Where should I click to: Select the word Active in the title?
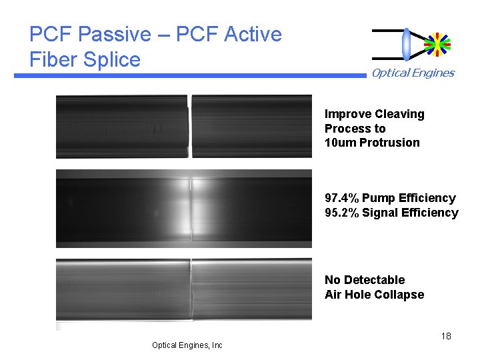[253, 34]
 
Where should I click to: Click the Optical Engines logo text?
[413, 73]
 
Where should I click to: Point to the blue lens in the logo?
[407, 43]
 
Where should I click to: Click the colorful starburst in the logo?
[437, 43]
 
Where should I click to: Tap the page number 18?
[446, 336]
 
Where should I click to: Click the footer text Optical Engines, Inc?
[187, 345]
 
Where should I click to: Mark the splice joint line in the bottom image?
[191, 293]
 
